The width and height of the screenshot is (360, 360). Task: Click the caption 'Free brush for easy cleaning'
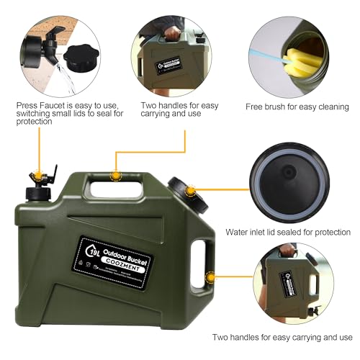287,107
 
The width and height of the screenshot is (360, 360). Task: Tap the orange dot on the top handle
114,173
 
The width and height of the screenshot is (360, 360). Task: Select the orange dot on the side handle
210,274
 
